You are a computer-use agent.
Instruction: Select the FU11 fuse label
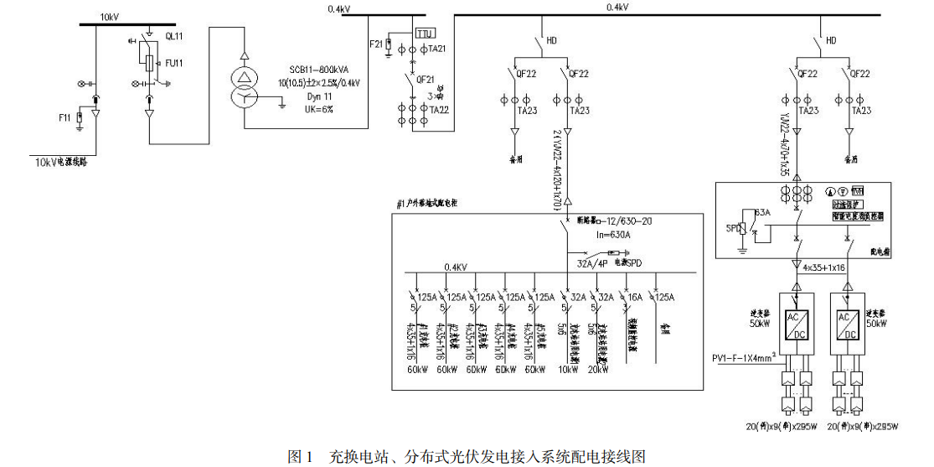point(174,61)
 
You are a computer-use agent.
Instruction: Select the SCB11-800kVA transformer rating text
point(320,71)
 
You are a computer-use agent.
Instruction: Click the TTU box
point(425,34)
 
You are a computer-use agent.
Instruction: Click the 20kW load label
point(599,369)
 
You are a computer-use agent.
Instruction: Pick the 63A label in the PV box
point(763,214)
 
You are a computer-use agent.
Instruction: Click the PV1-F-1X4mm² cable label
point(743,360)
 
